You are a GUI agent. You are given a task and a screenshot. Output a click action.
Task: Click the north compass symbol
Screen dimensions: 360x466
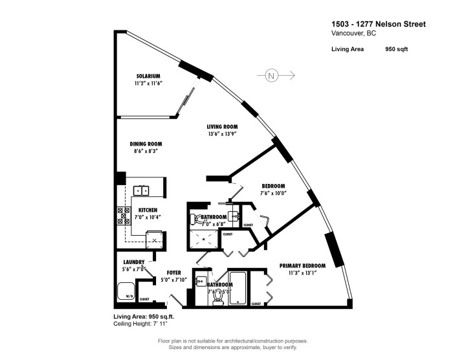pos(272,76)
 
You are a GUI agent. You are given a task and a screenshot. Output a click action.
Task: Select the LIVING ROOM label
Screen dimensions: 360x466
pos(221,127)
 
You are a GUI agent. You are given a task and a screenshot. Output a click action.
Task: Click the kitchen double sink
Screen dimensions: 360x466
pos(142,190)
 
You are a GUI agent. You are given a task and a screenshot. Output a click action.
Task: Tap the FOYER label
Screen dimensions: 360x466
pos(173,273)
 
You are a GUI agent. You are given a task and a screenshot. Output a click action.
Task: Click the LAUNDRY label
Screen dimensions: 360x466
pos(133,262)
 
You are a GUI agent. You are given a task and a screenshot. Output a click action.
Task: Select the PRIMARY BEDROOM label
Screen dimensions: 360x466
pos(302,265)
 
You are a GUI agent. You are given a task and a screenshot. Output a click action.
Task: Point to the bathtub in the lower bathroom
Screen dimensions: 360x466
pos(238,288)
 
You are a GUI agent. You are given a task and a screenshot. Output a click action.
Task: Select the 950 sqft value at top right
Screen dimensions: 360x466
pos(396,49)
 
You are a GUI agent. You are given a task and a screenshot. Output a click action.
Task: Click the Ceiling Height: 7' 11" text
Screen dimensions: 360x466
pos(140,322)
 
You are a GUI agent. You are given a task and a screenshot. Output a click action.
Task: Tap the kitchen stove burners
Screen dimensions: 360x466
pos(120,216)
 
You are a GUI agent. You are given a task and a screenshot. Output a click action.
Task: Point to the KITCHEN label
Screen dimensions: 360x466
pos(148,210)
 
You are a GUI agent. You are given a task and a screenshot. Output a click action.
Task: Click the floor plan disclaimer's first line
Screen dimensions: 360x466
pos(232,341)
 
